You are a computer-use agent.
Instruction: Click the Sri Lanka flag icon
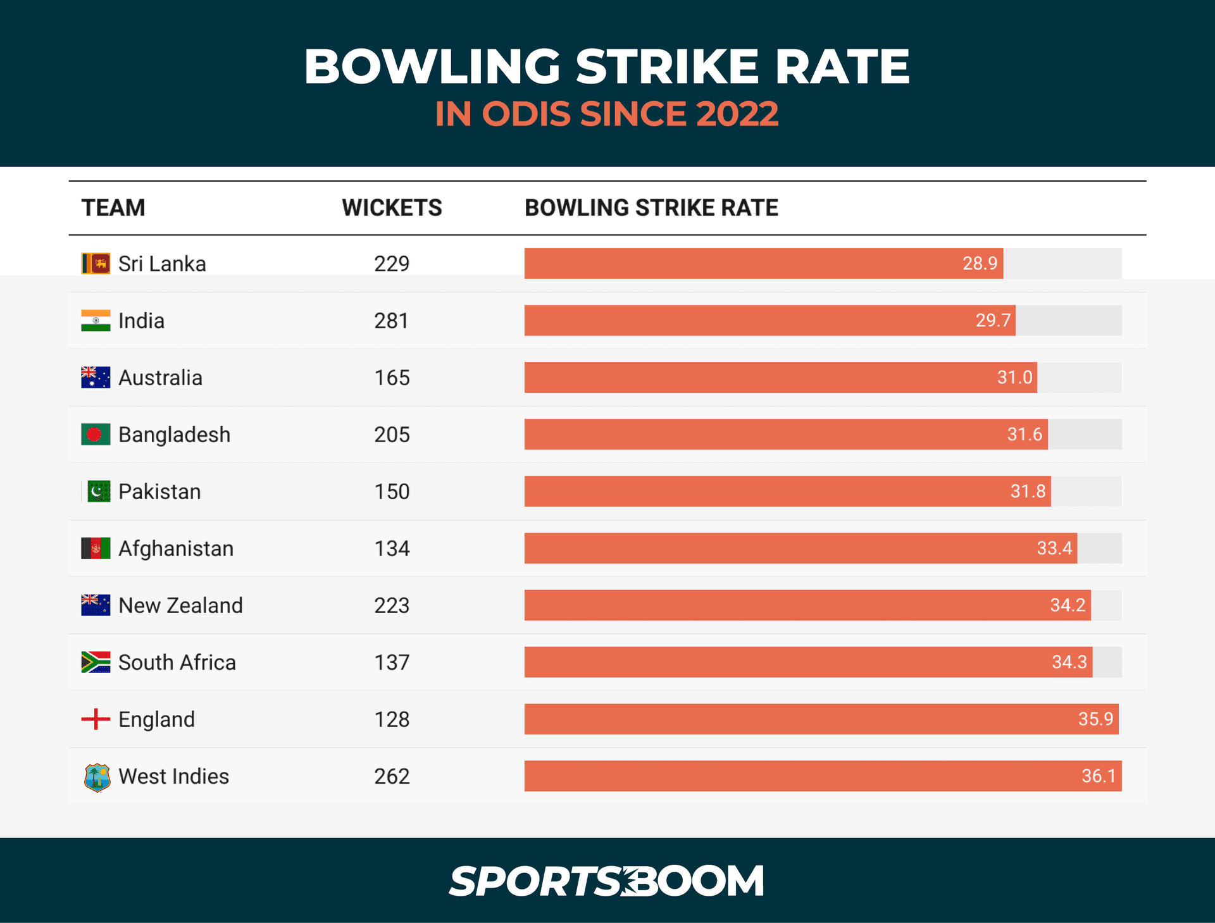(96, 263)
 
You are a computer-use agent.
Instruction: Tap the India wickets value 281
(391, 321)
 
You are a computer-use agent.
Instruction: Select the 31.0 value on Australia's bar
(1014, 378)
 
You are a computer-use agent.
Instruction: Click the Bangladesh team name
(174, 435)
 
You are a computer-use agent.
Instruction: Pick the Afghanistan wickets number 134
(392, 548)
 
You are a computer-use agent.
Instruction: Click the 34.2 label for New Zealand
(1068, 605)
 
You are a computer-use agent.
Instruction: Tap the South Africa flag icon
(96, 662)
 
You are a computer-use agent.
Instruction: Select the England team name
(156, 719)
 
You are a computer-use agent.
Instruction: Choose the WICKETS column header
(392, 208)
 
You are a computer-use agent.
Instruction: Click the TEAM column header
(113, 208)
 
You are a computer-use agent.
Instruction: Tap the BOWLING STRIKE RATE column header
(651, 208)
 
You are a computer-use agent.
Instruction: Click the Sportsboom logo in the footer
(606, 881)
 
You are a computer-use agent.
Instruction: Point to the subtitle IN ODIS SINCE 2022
(606, 114)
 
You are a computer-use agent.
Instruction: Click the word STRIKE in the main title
(666, 66)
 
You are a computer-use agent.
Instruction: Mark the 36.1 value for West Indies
(1099, 776)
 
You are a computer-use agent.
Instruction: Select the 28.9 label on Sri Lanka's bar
(980, 263)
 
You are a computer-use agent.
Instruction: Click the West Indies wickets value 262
(392, 776)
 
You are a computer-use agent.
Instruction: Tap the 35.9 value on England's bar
(1095, 719)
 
